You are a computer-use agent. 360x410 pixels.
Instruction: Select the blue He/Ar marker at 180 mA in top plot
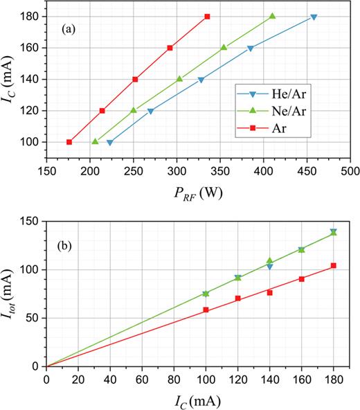point(314,17)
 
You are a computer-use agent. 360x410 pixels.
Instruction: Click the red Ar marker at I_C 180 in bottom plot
point(333,266)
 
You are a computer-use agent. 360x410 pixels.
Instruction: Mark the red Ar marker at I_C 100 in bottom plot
point(206,310)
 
